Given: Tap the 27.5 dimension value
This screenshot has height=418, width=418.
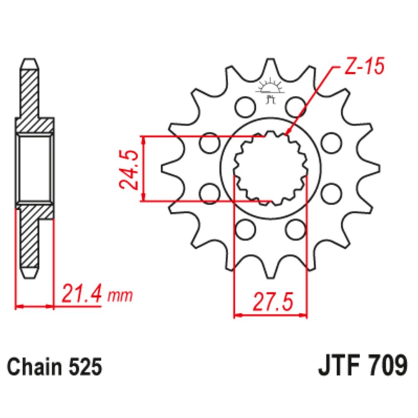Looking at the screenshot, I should click(x=271, y=300).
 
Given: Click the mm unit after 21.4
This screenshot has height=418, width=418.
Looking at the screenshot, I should click(x=120, y=296).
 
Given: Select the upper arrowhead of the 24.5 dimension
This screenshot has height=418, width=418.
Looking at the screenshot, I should click(x=144, y=139).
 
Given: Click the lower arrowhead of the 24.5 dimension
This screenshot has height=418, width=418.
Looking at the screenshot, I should click(x=144, y=198).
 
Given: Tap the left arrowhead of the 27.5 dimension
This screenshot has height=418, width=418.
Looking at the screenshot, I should click(x=237, y=314).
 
